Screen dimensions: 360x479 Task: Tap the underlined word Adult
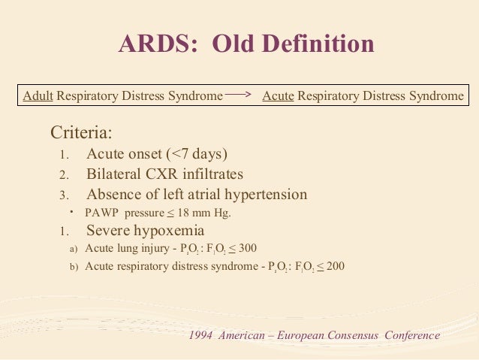pos(38,96)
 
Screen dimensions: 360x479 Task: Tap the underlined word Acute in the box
pos(278,96)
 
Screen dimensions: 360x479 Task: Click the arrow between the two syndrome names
pos(239,95)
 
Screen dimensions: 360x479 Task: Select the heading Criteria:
pos(81,134)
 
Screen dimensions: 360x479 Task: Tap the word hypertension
pos(263,195)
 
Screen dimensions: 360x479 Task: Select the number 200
pos(335,266)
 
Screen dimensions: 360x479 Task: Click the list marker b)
pos(74,267)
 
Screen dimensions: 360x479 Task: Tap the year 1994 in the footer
pos(201,335)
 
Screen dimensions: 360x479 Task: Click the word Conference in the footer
pos(412,335)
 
